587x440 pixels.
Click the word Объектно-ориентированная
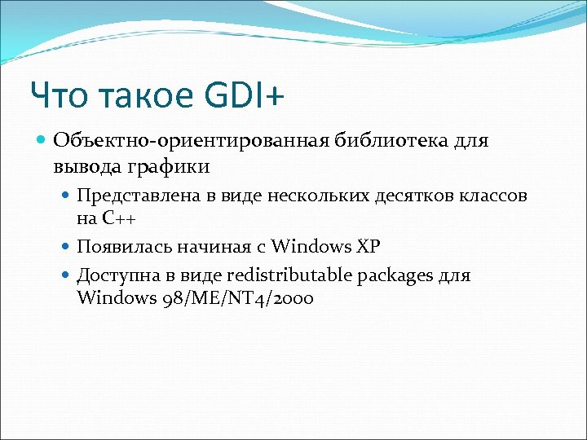click(191, 141)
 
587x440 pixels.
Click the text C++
click(118, 218)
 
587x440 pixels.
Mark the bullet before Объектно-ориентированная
click(42, 141)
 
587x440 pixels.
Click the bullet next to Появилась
click(67, 246)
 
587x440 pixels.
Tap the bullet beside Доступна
click(67, 275)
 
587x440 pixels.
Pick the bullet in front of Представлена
click(67, 196)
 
